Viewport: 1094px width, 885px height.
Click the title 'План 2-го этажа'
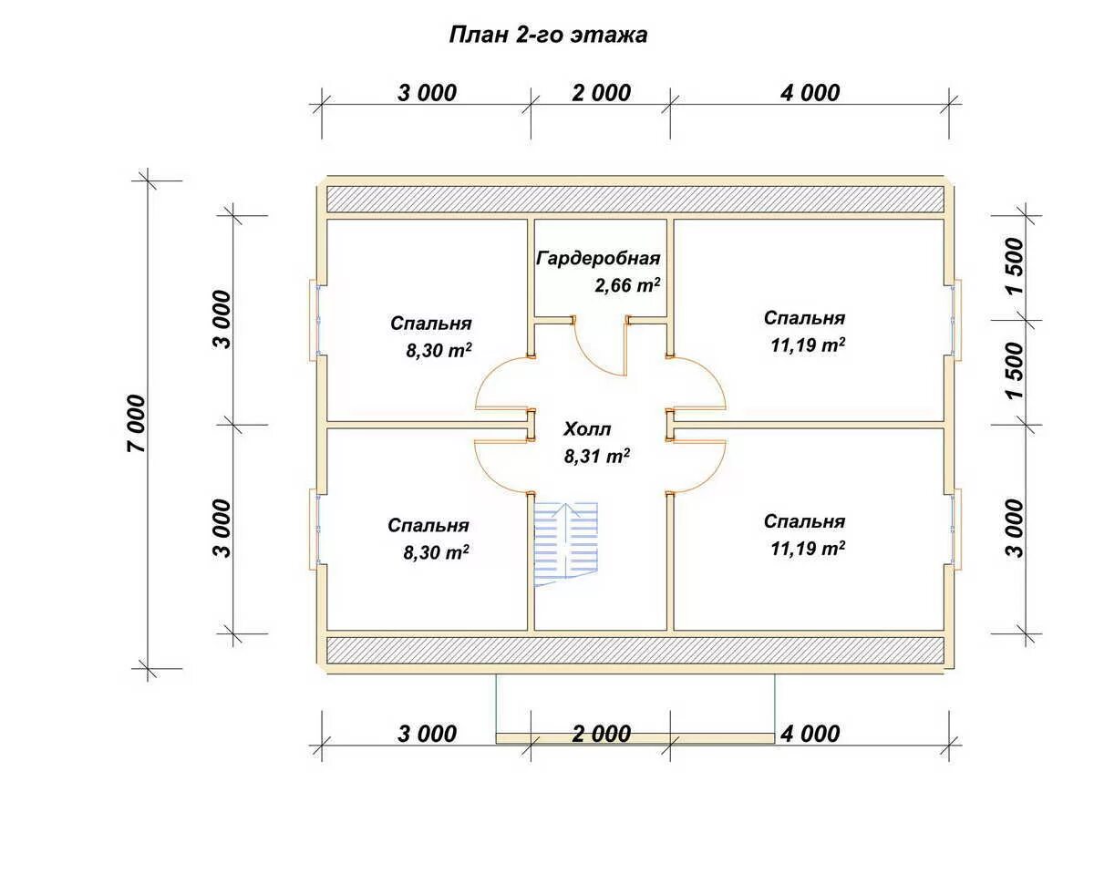pos(548,36)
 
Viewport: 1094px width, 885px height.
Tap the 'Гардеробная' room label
pos(598,258)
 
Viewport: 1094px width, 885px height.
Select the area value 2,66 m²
pos(627,285)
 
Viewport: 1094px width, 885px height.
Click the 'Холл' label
pos(587,428)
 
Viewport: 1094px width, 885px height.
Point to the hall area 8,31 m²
pos(597,456)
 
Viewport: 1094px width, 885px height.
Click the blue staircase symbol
pos(566,544)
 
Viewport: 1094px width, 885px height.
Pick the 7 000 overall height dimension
pos(137,423)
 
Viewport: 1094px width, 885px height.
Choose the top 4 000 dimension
pos(810,93)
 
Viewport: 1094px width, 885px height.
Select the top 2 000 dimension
pos(601,93)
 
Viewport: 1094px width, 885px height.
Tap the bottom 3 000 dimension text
pos(427,734)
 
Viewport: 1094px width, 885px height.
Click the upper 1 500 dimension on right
pos(1015,265)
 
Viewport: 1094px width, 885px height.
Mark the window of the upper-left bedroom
pos(315,319)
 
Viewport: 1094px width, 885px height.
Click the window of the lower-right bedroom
pos(956,529)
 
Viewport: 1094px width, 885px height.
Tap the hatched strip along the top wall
pos(635,200)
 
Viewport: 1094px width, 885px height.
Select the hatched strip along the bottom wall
pos(635,650)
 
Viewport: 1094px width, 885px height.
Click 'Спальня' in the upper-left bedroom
pos(431,324)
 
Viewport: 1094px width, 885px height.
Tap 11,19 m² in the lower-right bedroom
pos(808,549)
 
